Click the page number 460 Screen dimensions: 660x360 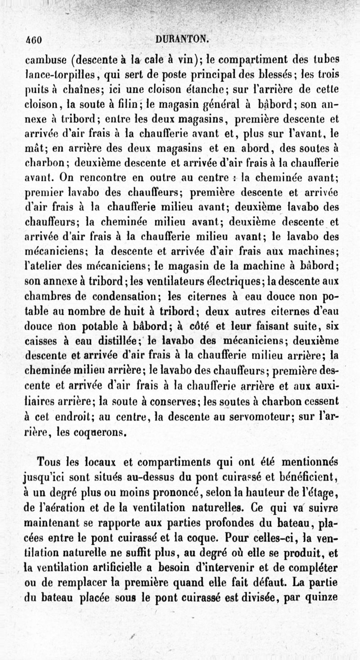34,39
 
